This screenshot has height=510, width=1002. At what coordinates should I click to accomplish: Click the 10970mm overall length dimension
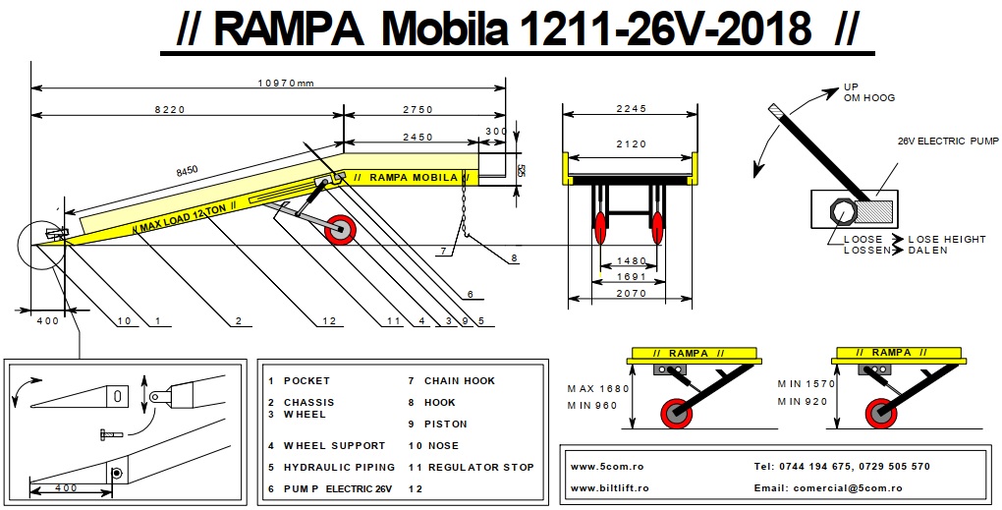pos(285,84)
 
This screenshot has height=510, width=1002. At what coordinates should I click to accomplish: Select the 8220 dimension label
pos(169,109)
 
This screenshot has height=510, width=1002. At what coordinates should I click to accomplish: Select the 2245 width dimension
pos(631,109)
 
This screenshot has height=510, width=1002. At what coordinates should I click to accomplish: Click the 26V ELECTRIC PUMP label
pos(946,141)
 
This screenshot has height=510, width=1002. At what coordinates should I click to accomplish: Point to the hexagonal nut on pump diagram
pos(844,210)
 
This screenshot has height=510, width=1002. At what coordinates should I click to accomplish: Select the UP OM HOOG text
pos(869,92)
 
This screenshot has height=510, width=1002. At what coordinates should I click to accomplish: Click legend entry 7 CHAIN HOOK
pos(452,380)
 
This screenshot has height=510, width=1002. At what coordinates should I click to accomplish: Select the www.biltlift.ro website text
pos(609,487)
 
